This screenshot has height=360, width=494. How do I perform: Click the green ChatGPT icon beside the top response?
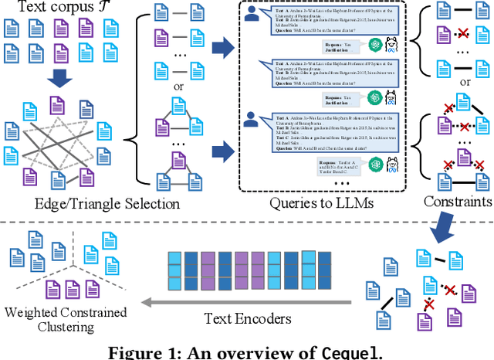(374, 44)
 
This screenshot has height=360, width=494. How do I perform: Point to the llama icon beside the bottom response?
(391, 165)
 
